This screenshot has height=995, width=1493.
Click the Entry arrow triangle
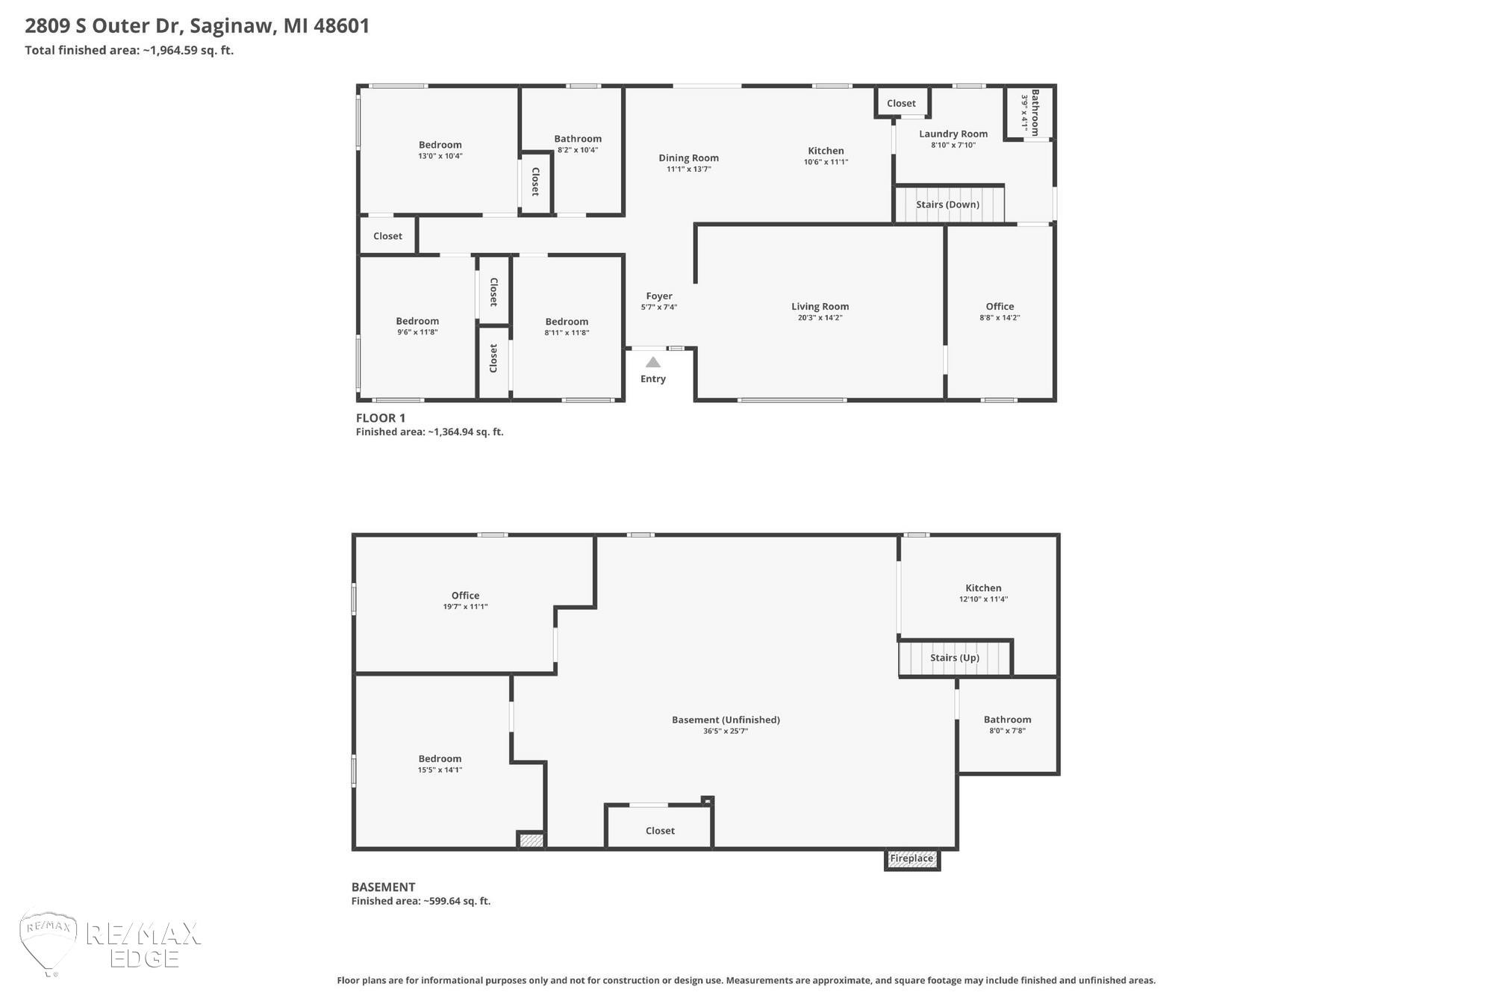click(653, 362)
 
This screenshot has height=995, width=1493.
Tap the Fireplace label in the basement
click(911, 858)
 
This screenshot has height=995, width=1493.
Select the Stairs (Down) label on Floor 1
click(947, 205)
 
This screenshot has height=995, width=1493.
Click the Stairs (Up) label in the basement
click(955, 658)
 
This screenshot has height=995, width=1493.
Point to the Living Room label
click(820, 306)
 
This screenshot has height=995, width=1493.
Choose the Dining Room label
click(688, 157)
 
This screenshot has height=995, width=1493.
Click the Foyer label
click(659, 296)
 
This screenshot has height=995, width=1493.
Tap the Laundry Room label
click(953, 134)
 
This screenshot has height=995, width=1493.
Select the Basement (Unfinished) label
click(726, 720)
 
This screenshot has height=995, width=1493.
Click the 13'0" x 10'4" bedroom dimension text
click(440, 156)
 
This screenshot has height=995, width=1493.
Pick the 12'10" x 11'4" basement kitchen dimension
click(983, 599)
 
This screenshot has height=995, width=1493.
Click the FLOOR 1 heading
click(381, 418)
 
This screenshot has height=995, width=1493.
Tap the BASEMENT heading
click(383, 887)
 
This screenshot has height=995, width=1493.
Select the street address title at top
click(197, 26)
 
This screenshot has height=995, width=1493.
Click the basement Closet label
click(660, 831)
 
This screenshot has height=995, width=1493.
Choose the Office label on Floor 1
click(1000, 306)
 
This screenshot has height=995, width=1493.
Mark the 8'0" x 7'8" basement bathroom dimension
click(1007, 731)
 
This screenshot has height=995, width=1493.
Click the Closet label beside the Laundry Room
click(901, 104)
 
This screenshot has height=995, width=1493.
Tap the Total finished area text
click(129, 51)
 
